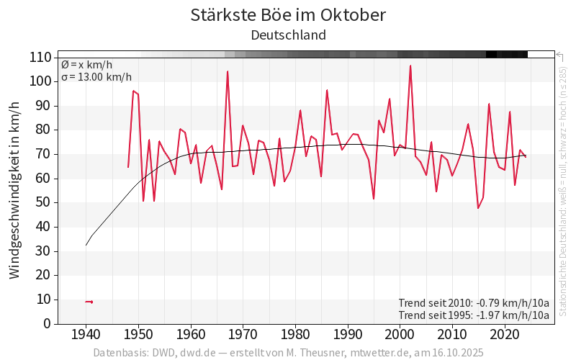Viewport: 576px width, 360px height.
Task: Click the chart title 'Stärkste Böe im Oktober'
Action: click(288, 15)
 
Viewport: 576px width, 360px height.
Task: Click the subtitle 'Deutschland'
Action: click(288, 35)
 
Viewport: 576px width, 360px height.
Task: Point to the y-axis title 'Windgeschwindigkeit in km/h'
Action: click(15, 190)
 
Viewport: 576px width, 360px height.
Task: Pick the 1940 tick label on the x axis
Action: click(86, 335)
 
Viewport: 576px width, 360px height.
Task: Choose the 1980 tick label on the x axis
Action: click(294, 335)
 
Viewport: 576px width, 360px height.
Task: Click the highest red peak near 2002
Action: click(410, 66)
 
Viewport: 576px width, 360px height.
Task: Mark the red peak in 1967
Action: click(228, 71)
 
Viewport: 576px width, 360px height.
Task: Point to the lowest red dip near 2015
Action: click(478, 208)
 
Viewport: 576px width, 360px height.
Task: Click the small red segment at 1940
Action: click(89, 302)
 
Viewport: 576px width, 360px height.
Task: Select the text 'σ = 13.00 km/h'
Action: click(96, 77)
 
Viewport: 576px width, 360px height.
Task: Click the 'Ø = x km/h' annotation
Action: click(86, 65)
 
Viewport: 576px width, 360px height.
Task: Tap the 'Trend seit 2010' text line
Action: click(473, 302)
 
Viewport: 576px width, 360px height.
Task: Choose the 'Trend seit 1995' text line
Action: click(473, 315)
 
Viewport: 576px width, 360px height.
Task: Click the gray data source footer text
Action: click(288, 353)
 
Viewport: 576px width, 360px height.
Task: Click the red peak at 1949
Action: click(133, 91)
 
